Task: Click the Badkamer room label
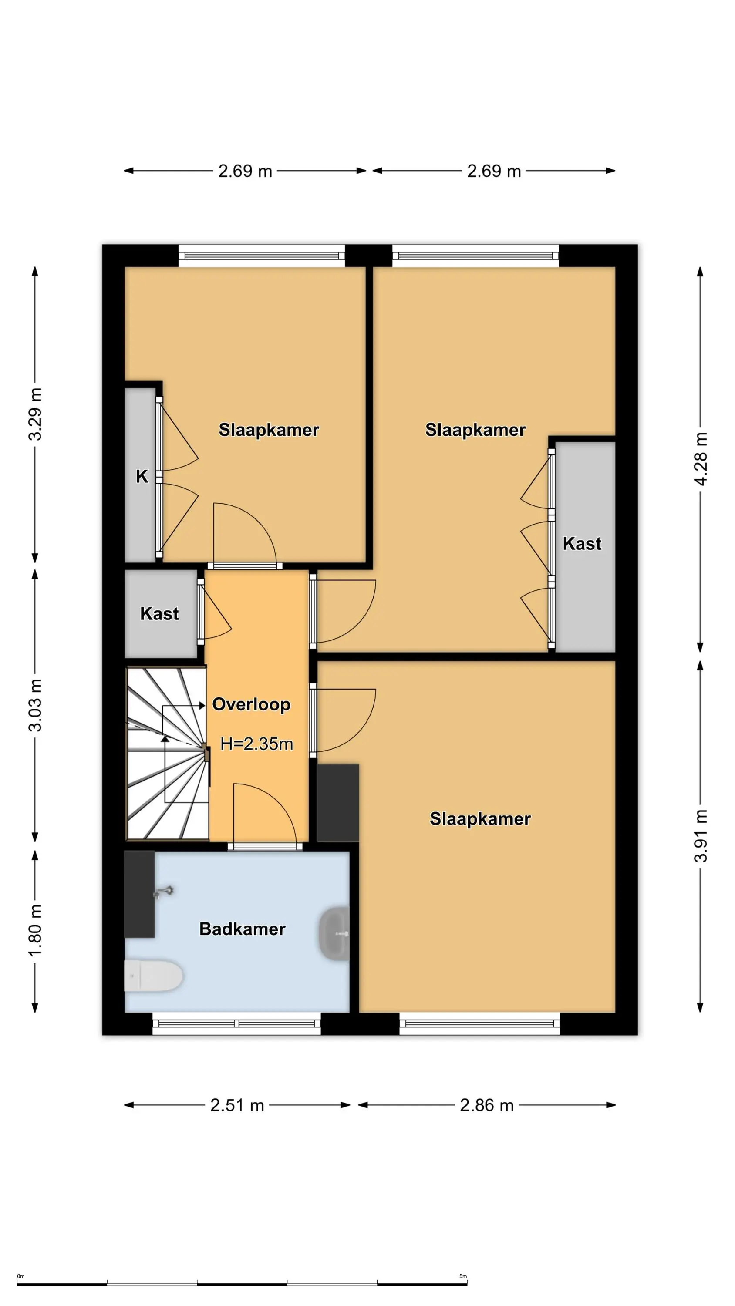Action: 242,929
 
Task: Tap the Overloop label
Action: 251,704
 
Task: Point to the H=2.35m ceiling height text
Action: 256,744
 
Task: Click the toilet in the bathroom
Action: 153,976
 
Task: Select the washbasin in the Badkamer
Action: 334,933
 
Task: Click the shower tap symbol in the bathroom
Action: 164,891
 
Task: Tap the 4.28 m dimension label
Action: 700,459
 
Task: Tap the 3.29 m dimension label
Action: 35,414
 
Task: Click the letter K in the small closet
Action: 142,477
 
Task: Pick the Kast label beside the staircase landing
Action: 159,614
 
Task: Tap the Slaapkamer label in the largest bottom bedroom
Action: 480,819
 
